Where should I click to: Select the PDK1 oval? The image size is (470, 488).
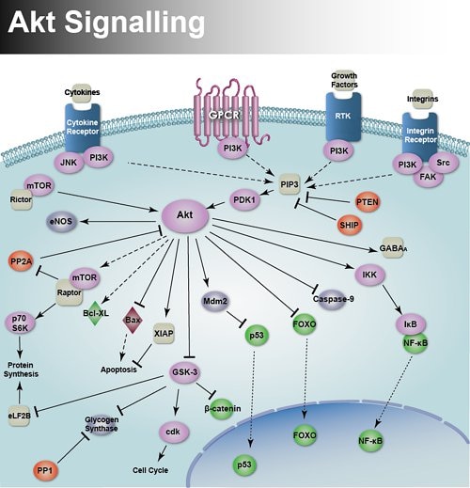[x=245, y=197]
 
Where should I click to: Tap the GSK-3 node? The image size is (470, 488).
[x=185, y=371]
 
